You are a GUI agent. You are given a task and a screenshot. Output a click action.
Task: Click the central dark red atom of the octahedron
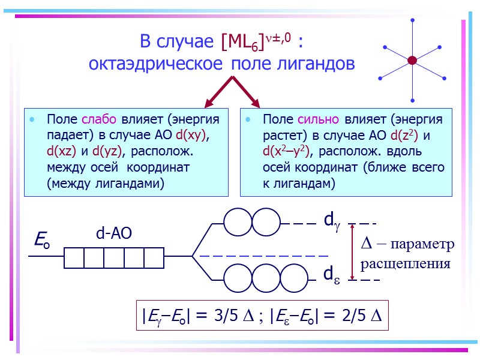(x=412, y=60)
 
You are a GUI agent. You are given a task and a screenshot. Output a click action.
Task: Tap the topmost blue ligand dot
(x=412, y=20)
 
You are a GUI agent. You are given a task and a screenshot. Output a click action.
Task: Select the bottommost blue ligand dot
(x=412, y=100)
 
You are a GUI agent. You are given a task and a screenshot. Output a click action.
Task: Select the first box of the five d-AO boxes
(x=74, y=258)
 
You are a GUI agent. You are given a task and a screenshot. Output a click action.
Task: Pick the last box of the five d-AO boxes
(x=154, y=258)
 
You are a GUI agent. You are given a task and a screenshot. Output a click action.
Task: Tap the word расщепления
(x=405, y=263)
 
